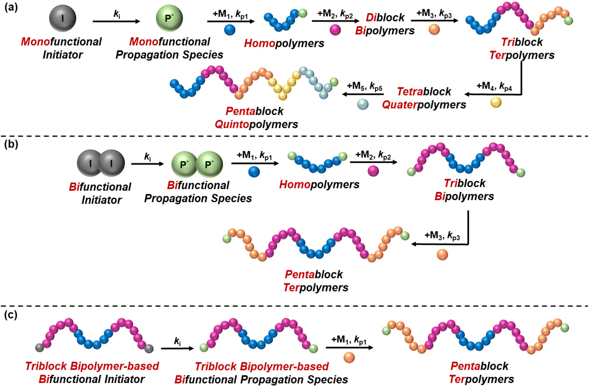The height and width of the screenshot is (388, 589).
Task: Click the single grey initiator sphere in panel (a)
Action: (62, 18)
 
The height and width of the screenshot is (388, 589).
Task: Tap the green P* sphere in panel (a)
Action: (169, 18)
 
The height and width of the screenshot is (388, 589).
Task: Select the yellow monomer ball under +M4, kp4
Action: (496, 102)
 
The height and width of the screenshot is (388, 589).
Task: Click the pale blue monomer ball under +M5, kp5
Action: (363, 104)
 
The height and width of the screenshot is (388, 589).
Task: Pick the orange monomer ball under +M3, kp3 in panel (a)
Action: (434, 29)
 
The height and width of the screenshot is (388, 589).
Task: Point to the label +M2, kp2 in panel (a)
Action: (335, 14)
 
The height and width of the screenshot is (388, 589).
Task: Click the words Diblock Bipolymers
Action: (385, 24)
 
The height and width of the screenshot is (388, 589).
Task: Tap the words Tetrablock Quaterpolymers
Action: (424, 98)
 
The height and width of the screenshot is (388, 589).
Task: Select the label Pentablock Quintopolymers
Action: (256, 117)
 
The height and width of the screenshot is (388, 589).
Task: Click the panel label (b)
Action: (11, 144)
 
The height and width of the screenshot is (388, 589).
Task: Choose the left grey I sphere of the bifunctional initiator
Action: (90, 163)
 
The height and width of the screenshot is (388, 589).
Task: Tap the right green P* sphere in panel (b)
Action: (209, 164)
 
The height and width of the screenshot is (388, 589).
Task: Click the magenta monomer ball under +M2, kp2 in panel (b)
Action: (373, 171)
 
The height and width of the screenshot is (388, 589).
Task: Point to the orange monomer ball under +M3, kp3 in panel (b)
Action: (442, 255)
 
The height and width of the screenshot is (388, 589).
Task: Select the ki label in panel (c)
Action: (177, 341)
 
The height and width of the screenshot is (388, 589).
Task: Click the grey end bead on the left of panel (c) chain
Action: (40, 348)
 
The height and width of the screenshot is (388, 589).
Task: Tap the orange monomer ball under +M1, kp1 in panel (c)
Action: (349, 357)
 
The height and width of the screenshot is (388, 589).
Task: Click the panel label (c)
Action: (11, 315)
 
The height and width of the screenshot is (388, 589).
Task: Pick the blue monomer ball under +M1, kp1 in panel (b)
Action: (254, 172)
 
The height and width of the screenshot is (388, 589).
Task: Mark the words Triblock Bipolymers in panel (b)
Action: (464, 190)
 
